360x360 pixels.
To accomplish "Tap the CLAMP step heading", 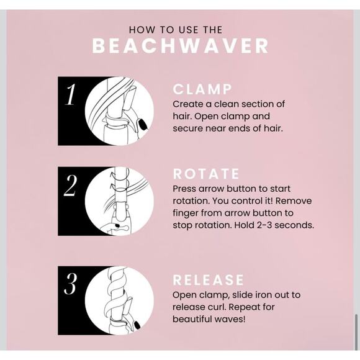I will coord(202,89).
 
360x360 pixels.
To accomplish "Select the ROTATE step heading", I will coord(205,174).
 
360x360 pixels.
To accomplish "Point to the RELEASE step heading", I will coord(209,280).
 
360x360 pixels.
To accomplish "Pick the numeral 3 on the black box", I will coord(71,286).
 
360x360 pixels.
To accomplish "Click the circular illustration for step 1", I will coord(119,110).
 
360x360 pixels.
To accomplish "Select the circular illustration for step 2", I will coord(119,200).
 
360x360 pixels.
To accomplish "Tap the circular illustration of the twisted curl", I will coord(119,300).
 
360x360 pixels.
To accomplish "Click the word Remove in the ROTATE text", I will coord(295,200).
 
